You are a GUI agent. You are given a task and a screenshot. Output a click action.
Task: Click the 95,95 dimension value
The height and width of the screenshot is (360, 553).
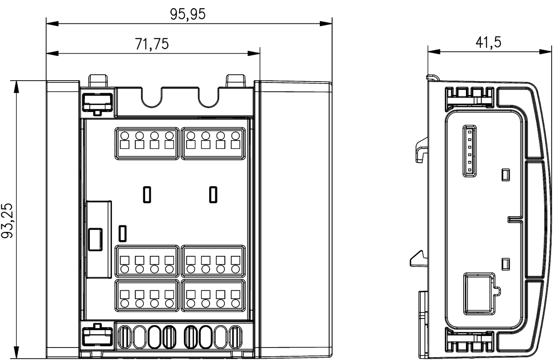(188, 14)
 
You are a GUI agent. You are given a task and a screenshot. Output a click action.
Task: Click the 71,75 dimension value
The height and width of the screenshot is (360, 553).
(152, 44)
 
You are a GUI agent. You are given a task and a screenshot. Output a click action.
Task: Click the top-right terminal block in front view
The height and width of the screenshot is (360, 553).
(213, 143)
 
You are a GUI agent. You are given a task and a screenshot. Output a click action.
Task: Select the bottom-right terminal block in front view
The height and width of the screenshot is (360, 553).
(213, 295)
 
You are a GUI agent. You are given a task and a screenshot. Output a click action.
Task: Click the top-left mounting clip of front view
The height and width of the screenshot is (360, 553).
(97, 102)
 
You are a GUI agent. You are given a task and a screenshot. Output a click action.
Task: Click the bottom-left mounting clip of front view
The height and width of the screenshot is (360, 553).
(97, 336)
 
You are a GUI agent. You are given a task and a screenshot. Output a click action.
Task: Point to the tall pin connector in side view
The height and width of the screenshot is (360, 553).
(469, 152)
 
